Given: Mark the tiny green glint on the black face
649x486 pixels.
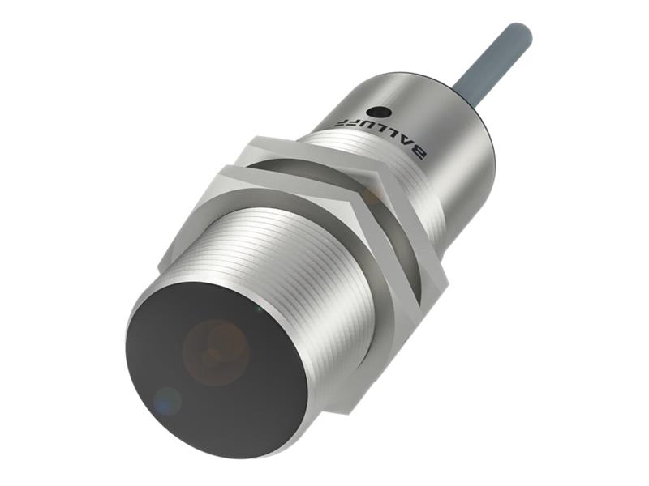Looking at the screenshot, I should (258, 309).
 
